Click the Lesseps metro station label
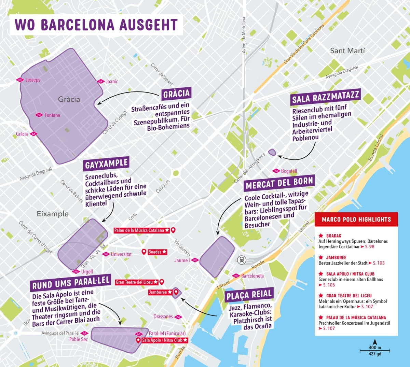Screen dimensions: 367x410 32,80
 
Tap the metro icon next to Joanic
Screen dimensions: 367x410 100,82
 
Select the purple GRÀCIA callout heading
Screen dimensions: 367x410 176,94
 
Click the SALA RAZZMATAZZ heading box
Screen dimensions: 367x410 326,97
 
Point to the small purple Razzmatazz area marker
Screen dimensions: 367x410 272,152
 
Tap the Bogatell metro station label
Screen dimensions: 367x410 289,171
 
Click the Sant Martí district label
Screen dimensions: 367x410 347,51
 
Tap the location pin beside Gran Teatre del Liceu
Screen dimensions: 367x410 162,282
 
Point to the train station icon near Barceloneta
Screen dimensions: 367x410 242,260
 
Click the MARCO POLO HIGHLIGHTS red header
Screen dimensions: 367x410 356,219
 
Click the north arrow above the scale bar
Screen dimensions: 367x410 374,342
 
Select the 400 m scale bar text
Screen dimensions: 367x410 374,348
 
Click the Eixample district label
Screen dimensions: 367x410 53,214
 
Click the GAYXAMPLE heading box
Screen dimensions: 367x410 106,164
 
